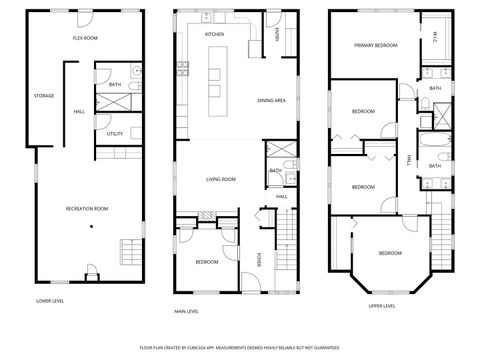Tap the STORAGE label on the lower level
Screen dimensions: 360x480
[x=43, y=96]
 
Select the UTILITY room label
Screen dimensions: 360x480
[x=114, y=133]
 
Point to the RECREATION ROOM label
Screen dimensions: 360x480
[x=86, y=208]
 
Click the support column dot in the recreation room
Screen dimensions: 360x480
[x=91, y=227]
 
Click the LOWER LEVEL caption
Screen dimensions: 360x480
[x=50, y=300]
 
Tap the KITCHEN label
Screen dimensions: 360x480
[x=215, y=34]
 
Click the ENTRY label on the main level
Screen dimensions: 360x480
[x=277, y=35]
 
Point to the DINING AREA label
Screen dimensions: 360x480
[x=272, y=101]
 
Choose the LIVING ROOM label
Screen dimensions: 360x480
[x=220, y=179]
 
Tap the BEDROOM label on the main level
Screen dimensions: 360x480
[x=207, y=261]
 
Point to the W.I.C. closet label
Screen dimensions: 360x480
[x=436, y=39]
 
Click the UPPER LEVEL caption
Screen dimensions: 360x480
[x=381, y=306]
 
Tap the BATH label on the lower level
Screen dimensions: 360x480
[x=114, y=85]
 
